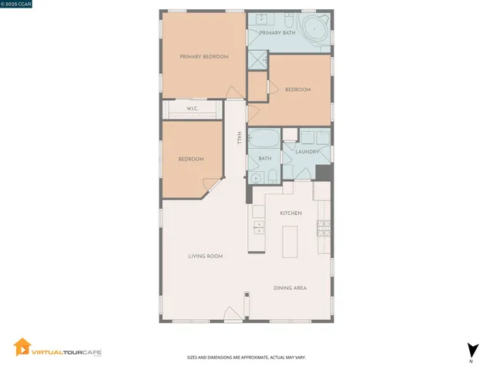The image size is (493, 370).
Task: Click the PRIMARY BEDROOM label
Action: tap(204, 56)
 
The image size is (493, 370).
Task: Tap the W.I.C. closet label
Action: tap(193, 109)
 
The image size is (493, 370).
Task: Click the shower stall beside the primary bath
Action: tap(257, 60)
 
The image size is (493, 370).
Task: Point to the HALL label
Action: tap(240, 138)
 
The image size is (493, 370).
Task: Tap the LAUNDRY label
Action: tap(307, 152)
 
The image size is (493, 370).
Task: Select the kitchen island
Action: tap(290, 241)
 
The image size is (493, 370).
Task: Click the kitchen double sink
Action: tap(259, 227)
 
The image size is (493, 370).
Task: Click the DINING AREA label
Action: tap(290, 288)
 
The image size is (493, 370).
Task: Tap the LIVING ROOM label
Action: tap(206, 256)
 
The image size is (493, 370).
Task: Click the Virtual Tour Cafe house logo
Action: tap(22, 349)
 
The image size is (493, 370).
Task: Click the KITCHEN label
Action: tap(290, 213)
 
